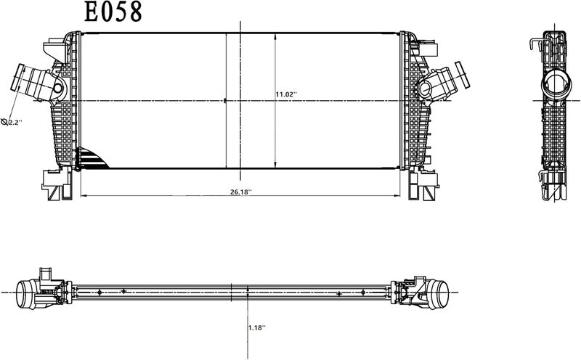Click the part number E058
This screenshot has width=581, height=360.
113,12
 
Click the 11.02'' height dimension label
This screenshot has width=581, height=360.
286,94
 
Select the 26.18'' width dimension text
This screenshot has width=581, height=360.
241,192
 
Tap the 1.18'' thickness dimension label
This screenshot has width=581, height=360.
257,327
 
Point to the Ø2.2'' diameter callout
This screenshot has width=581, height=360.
12,122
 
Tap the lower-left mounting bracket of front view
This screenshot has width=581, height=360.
57,184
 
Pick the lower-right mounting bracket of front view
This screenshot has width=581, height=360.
423,184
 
